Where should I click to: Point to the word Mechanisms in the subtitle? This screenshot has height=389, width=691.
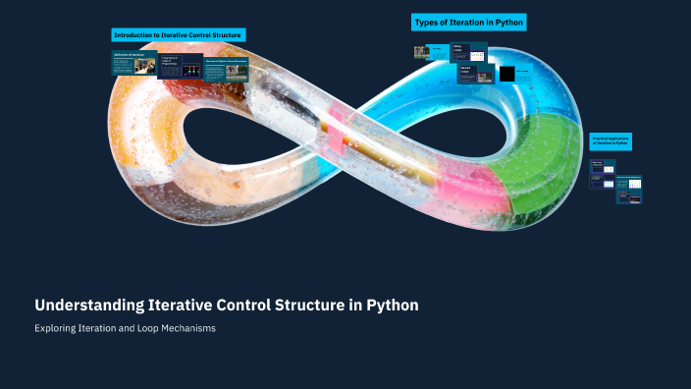pyautogui.click(x=189, y=328)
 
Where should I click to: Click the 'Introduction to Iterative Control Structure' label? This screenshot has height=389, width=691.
pyautogui.click(x=178, y=35)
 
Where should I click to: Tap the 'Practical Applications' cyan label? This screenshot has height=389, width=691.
pyautogui.click(x=611, y=141)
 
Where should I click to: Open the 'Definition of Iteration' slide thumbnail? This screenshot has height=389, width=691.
pyautogui.click(x=133, y=63)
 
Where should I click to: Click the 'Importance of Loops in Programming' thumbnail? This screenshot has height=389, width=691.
pyautogui.click(x=180, y=66)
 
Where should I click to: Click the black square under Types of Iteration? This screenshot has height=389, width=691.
pyautogui.click(x=506, y=74)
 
